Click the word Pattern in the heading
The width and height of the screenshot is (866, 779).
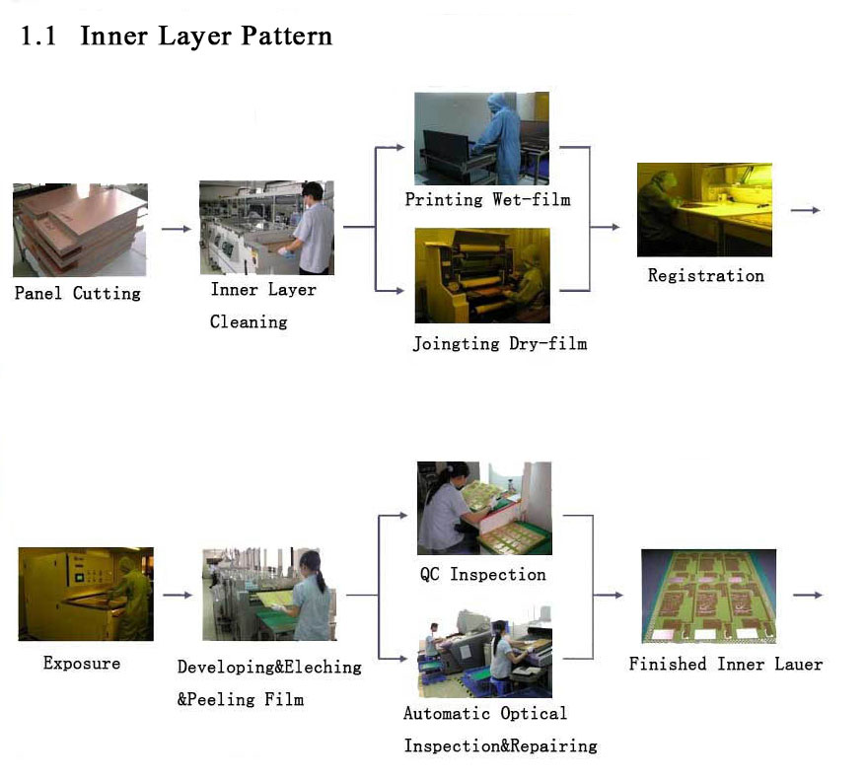click(x=287, y=36)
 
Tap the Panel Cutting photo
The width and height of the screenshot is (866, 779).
click(x=80, y=230)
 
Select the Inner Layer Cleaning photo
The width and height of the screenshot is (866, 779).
click(x=266, y=228)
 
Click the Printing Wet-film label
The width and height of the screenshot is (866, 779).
click(x=487, y=199)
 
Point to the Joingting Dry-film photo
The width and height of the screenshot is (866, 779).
click(x=482, y=275)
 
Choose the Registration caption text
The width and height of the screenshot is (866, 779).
click(x=706, y=275)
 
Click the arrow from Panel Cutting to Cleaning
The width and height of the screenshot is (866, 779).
click(x=177, y=229)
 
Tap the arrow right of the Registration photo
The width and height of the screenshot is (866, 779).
click(x=805, y=210)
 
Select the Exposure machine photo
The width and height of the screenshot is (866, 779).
click(x=86, y=594)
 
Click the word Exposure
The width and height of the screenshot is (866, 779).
click(x=82, y=663)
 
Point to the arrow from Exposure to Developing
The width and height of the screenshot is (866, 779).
click(x=178, y=596)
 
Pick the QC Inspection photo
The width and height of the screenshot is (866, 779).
click(x=484, y=508)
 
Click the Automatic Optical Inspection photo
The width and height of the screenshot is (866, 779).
click(x=485, y=652)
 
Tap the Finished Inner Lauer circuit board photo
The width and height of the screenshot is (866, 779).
click(x=708, y=596)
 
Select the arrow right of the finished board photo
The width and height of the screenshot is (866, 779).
click(x=808, y=596)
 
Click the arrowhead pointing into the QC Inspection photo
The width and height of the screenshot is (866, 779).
click(x=402, y=515)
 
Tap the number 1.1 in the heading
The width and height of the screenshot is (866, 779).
click(x=38, y=36)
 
